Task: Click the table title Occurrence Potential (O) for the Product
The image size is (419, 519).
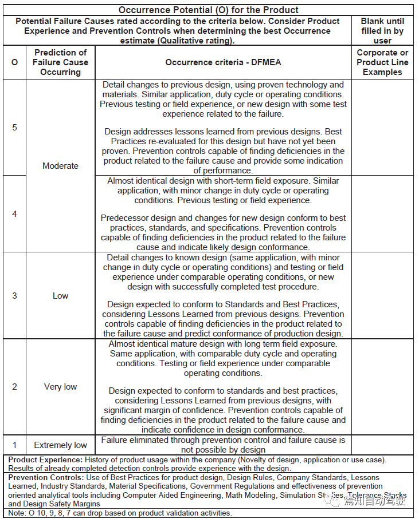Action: pyautogui.click(x=209, y=10)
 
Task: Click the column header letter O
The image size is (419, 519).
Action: pyautogui.click(x=14, y=62)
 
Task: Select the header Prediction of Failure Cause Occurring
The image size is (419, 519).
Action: pyautogui.click(x=60, y=62)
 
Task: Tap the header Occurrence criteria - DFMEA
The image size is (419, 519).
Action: pyautogui.click(x=223, y=62)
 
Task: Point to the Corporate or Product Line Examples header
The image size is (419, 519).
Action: pyautogui.click(x=382, y=62)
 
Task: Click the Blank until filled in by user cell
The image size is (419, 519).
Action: pyautogui.click(x=382, y=31)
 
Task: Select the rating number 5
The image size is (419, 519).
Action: pyautogui.click(x=14, y=127)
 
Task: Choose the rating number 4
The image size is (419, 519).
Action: pyautogui.click(x=14, y=214)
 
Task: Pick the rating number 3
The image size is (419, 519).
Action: pyautogui.click(x=14, y=296)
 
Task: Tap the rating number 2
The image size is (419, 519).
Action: pyautogui.click(x=14, y=387)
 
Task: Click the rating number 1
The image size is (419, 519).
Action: pyautogui.click(x=14, y=445)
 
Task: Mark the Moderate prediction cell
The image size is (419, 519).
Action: pyautogui.click(x=60, y=166)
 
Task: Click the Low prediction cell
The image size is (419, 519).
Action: pyautogui.click(x=60, y=296)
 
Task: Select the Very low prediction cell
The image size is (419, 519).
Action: pyautogui.click(x=60, y=387)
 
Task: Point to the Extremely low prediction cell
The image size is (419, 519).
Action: pyautogui.click(x=60, y=445)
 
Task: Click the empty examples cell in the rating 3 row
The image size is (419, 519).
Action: pyautogui.click(x=382, y=296)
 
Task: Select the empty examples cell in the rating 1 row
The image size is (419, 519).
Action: pyautogui.click(x=382, y=445)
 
